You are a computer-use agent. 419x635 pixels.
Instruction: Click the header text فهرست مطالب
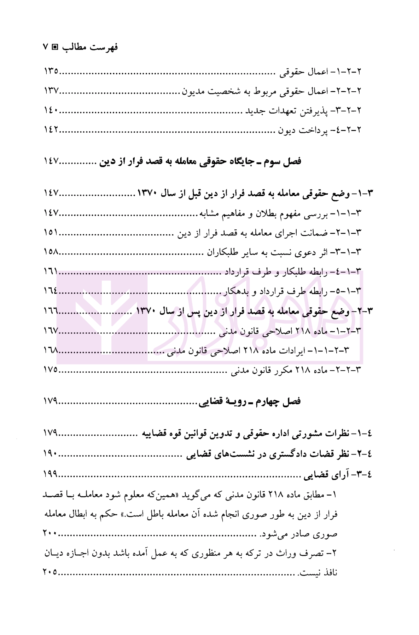point(90,47)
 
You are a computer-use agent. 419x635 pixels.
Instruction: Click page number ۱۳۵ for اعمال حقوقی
point(51,71)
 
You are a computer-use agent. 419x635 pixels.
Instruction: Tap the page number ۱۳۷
point(51,91)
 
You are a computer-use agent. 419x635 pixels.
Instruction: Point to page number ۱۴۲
point(51,130)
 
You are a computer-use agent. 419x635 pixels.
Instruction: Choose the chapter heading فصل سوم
point(200,161)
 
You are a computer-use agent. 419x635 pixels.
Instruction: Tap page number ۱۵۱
point(51,233)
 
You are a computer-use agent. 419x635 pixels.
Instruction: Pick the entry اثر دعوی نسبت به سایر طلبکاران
point(285,252)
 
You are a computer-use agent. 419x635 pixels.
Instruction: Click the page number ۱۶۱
point(51,272)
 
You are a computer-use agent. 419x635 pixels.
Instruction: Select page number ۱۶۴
point(51,291)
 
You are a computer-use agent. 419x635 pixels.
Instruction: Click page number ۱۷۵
point(51,370)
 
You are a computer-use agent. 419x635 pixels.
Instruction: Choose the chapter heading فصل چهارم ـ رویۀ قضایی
point(250,401)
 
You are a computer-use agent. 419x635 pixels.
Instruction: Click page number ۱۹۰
point(51,453)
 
